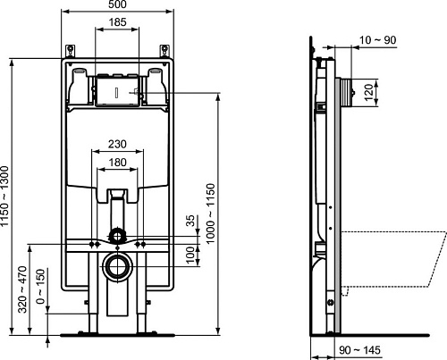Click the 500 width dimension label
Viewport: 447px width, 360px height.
(117, 4)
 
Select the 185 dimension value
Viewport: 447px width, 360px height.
(117, 22)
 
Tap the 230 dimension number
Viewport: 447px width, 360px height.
(117, 144)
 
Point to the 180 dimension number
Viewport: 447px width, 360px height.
(117, 163)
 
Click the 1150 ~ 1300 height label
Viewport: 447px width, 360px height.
(4, 197)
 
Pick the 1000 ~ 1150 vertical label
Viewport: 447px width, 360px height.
(210, 213)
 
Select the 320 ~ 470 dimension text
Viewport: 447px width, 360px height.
(22, 289)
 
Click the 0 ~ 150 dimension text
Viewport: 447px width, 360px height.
(40, 286)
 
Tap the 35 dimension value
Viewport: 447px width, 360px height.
(190, 221)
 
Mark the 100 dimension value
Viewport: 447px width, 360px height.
(190, 255)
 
